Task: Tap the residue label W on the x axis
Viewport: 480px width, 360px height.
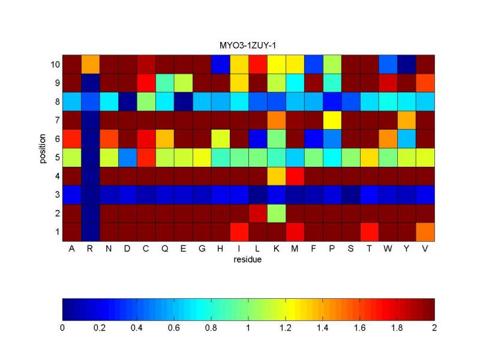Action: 388,249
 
